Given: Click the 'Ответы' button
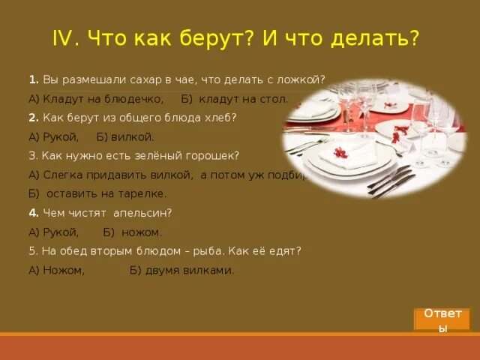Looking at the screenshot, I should pyautogui.click(x=441, y=319).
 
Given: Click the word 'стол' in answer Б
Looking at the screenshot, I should pyautogui.click(x=273, y=98).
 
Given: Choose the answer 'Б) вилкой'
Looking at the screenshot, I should pyautogui.click(x=125, y=136).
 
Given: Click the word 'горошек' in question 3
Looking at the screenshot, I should pyautogui.click(x=214, y=156).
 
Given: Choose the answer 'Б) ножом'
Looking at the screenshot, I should pyautogui.click(x=132, y=232).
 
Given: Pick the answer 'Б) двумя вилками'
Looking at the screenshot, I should pyautogui.click(x=181, y=270).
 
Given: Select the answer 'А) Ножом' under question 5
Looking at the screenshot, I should pyautogui.click(x=56, y=270).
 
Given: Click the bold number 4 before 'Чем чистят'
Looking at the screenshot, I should pyautogui.click(x=32, y=213).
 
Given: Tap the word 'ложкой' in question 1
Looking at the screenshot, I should pyautogui.click(x=306, y=79).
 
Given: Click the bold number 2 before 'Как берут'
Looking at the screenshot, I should pyautogui.click(x=32, y=118).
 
